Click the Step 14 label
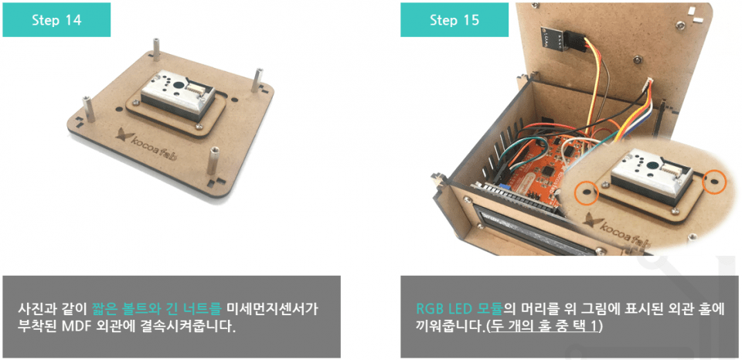click(56, 20)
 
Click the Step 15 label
click(454, 20)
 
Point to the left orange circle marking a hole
click(587, 192)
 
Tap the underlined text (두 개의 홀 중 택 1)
click(544, 327)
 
